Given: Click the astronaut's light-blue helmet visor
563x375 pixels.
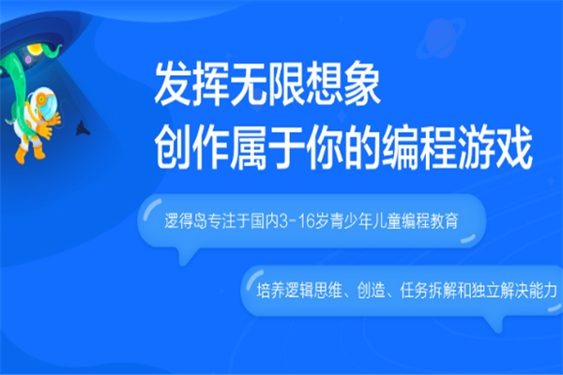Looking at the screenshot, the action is pos(47,104).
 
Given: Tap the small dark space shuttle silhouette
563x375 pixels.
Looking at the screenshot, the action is pos(83,128).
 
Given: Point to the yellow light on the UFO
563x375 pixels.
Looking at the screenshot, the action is pos(35,48).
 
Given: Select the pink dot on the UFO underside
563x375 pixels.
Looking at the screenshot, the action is pos(28,59).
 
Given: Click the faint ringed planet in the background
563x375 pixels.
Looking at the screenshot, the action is pos(439,38).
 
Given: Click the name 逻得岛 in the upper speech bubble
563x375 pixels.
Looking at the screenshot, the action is pos(186,220).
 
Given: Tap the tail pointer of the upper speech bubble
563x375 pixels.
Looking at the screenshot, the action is pos(186,257).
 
